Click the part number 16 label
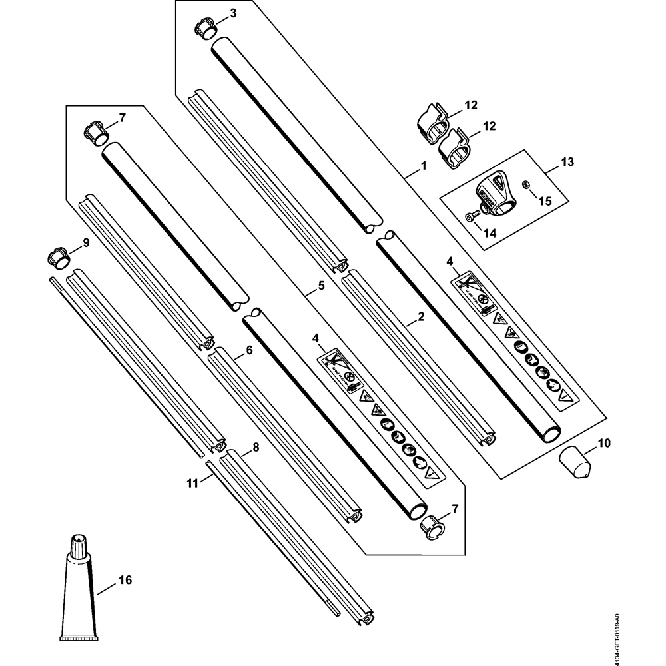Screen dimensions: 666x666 125,581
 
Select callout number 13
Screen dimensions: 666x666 567,162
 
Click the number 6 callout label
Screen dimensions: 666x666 249,349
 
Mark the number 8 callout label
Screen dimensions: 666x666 256,448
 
